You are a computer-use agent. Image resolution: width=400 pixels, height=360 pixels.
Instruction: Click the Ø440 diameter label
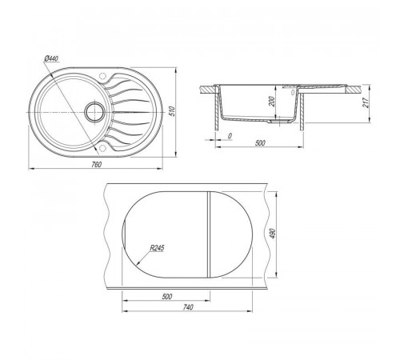pos(52,58)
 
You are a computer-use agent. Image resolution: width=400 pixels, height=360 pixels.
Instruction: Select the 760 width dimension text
pos(97,165)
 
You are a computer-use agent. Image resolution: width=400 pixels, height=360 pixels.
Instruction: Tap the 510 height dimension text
pos(172,111)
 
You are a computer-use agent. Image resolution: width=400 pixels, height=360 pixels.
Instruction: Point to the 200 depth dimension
pos(272,102)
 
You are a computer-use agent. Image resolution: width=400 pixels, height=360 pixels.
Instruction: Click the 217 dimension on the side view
pos(366,102)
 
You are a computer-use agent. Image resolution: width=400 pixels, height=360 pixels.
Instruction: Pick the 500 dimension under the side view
pos(260,143)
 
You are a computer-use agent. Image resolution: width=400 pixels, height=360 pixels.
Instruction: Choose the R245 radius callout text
pos(157,248)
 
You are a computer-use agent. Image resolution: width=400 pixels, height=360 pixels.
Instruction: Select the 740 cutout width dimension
pos(188,307)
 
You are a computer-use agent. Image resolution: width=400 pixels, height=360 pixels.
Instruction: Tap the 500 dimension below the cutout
pos(167,296)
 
